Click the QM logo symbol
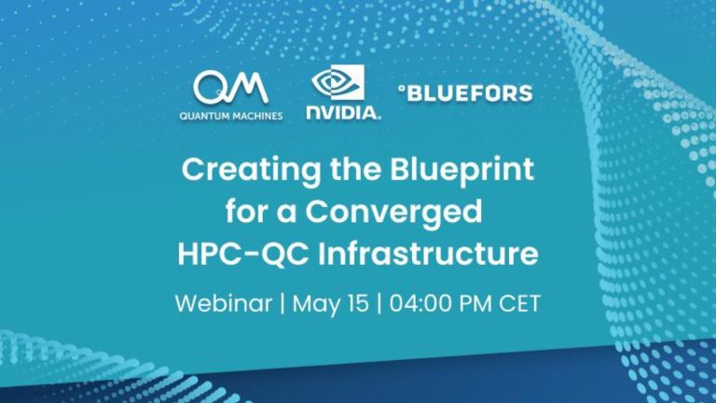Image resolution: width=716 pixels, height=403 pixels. coord(230,88)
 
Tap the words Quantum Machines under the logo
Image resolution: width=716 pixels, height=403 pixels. coord(231,116)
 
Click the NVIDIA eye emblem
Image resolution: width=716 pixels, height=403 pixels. coord(337,82)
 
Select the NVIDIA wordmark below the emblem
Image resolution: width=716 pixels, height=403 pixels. coord(343,113)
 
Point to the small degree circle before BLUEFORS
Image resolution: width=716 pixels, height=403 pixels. coord(402,90)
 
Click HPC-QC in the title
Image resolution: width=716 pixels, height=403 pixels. coord(243,254)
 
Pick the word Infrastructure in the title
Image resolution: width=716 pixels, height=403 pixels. coord(428,254)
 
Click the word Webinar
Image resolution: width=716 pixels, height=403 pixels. coord(224,303)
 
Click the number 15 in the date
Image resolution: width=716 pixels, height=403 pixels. coord(358,303)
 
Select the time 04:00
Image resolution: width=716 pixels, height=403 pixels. coord(420,303)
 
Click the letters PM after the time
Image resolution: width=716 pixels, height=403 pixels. coord(475,303)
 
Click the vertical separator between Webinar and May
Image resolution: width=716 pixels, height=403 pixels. coord(282,304)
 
